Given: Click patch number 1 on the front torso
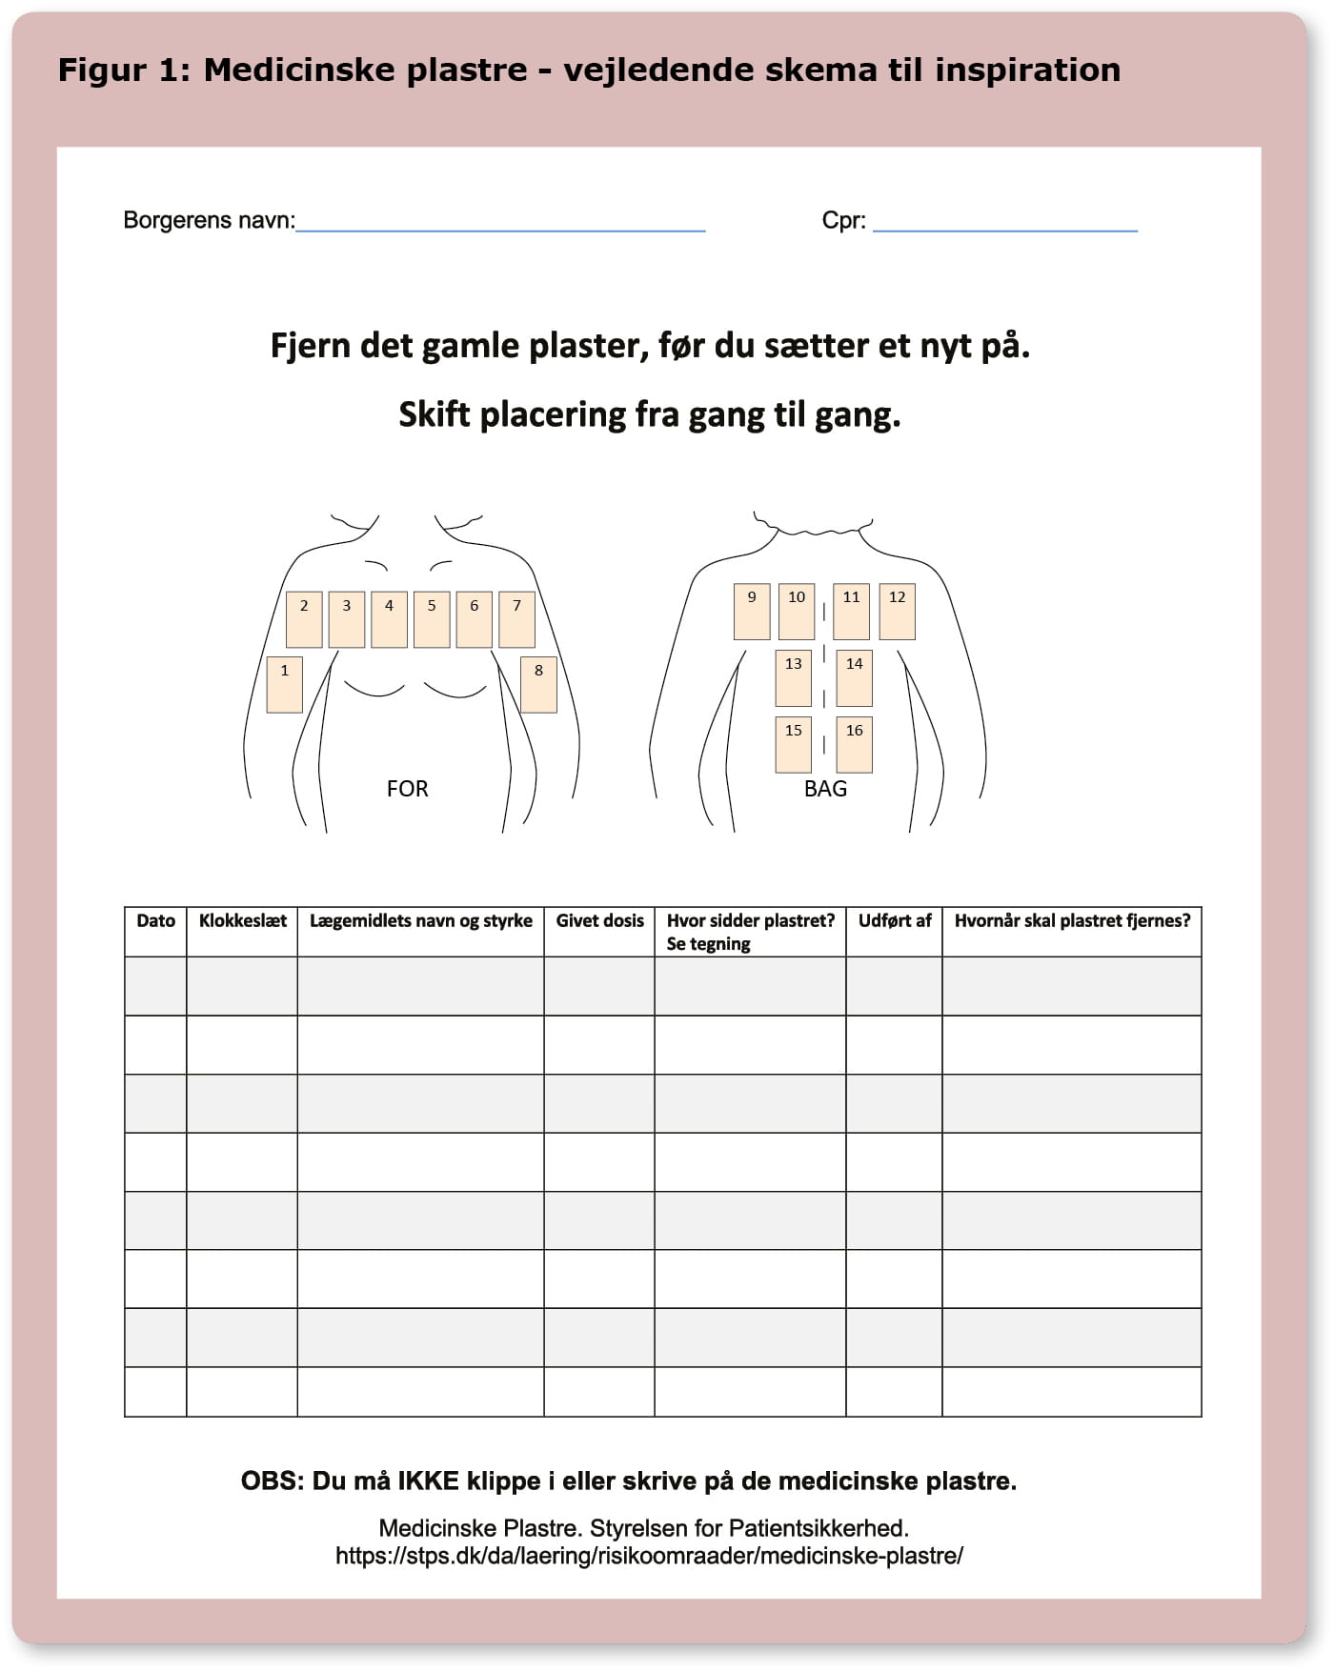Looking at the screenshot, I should tap(284, 684).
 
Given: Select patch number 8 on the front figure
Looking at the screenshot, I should tap(538, 684).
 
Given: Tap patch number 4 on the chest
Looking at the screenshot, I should tap(389, 619).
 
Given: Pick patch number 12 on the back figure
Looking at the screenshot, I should tap(897, 611).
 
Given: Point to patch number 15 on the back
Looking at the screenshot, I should tap(793, 744).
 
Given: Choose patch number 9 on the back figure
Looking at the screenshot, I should tap(751, 611).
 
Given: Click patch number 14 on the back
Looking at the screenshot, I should tap(854, 677).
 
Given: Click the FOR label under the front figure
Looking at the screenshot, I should tap(407, 789).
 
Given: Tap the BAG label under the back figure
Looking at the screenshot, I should tap(825, 789).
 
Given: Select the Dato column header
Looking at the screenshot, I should tap(155, 921).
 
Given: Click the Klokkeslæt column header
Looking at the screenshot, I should tap(242, 921).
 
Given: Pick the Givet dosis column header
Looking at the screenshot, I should tap(599, 921).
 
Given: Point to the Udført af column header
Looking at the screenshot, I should tap(894, 921).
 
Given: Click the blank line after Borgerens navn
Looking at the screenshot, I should tap(500, 225).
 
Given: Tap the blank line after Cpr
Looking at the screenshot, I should tap(1005, 225).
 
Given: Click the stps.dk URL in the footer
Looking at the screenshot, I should tap(649, 1556).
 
